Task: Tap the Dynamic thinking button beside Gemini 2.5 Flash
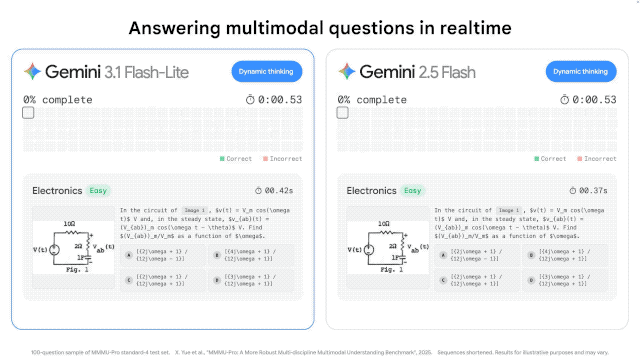(x=579, y=72)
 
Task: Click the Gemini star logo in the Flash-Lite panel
(x=33, y=72)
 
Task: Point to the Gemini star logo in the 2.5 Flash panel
(x=347, y=72)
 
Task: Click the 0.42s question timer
(x=279, y=190)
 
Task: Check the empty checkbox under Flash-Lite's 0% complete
(x=28, y=113)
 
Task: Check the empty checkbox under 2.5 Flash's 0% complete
(x=342, y=113)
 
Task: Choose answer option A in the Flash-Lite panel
(x=128, y=254)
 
